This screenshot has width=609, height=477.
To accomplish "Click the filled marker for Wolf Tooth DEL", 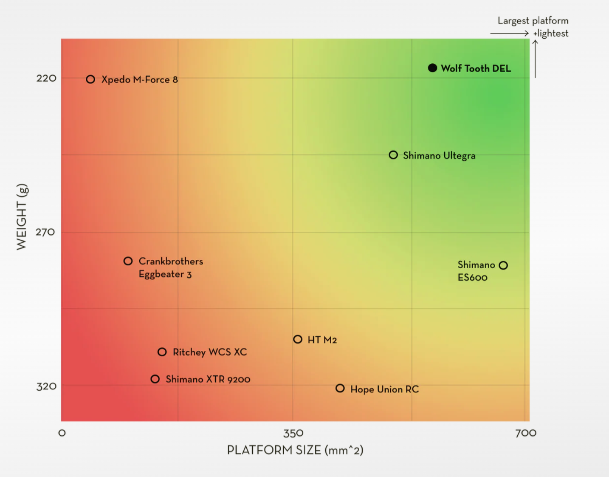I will point(432,68).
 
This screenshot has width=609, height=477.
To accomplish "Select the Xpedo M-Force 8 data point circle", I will point(90,79).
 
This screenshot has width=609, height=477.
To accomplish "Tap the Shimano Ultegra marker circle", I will point(393,155).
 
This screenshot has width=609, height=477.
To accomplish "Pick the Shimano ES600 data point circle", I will point(503,265).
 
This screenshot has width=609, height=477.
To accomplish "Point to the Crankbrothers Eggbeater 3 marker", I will point(128,261).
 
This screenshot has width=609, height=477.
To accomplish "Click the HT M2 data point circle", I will point(298,339).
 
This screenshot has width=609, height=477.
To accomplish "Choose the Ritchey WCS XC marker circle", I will point(162,352).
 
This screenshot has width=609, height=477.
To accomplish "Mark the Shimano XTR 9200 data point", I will point(155,379).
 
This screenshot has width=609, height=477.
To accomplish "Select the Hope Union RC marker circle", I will point(340,388).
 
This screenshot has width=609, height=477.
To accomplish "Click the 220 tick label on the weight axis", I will point(46,78).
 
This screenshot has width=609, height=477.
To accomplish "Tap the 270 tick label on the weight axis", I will point(45,232).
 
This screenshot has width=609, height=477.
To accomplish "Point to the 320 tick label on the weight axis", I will point(46,386).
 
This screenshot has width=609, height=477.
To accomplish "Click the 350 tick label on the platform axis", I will point(293,433).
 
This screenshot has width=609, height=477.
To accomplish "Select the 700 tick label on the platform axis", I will point(526,433).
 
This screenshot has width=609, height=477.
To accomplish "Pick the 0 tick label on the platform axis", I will point(62,433).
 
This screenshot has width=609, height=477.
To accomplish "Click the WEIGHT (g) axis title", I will point(22,217).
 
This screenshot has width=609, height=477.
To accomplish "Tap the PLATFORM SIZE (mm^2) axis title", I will point(295,450).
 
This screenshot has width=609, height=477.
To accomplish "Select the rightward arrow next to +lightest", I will point(509,33).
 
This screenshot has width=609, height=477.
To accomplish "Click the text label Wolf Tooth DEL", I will point(476,68).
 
